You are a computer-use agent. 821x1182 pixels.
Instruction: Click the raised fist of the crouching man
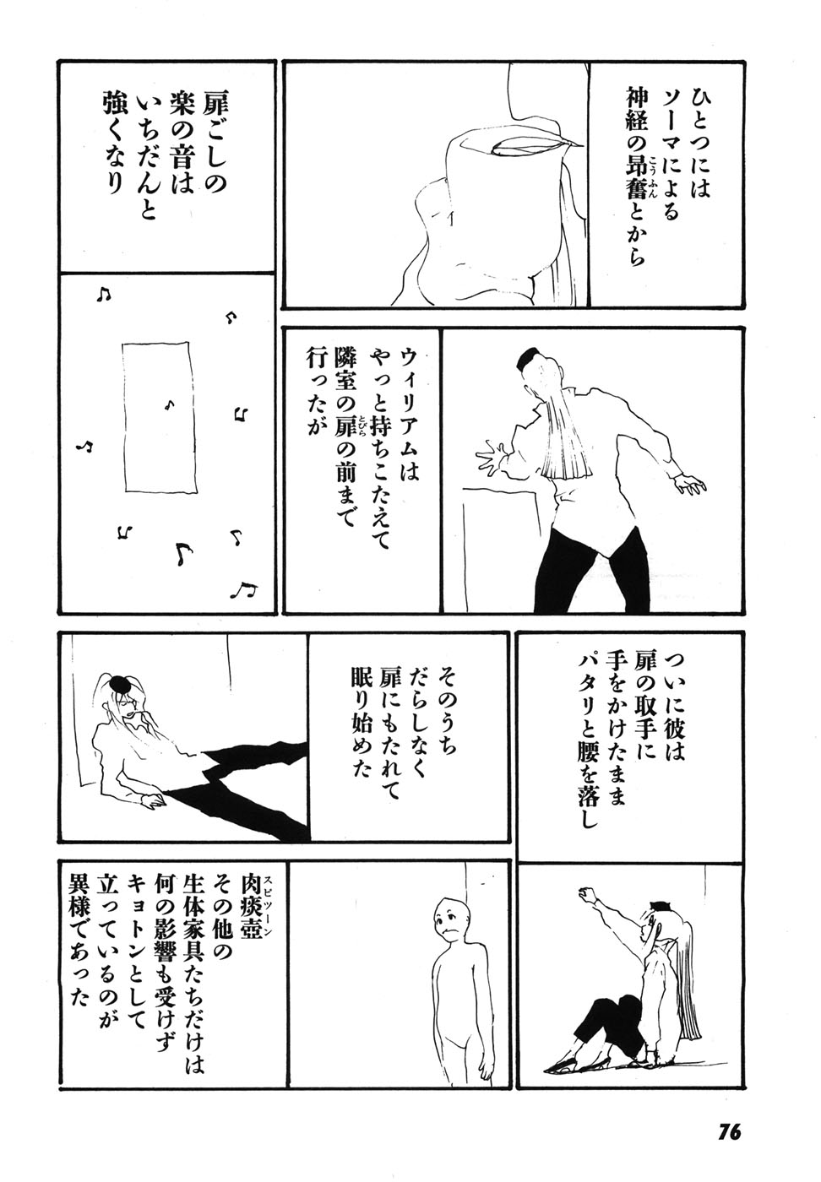click(585, 892)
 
